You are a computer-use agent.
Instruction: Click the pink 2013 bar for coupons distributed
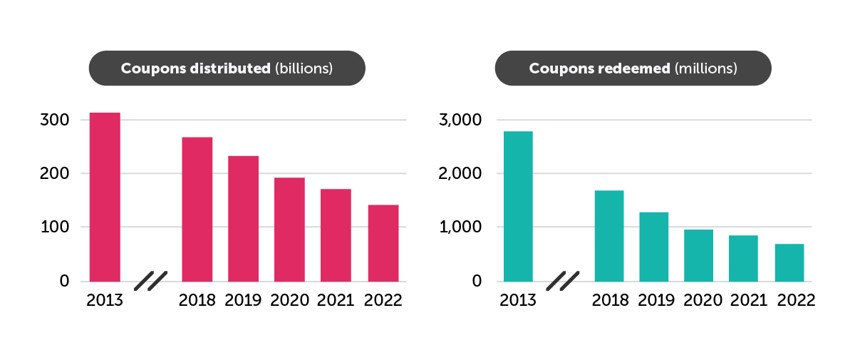(105, 197)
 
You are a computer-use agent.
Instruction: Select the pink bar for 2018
(197, 209)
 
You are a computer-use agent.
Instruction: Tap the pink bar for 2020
(289, 229)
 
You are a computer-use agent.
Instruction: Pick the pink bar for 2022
(383, 242)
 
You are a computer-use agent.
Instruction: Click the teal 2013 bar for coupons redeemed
(518, 206)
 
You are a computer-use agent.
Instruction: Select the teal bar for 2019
(653, 246)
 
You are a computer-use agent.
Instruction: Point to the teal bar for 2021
(743, 258)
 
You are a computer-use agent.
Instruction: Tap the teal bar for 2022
(789, 262)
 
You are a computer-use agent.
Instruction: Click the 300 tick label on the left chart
(55, 120)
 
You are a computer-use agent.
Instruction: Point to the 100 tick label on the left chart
(55, 227)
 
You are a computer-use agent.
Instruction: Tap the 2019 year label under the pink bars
(244, 300)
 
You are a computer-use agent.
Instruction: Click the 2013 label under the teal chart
(518, 300)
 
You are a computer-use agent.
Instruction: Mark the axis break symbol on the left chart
(150, 281)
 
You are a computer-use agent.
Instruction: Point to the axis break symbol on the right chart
(563, 281)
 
